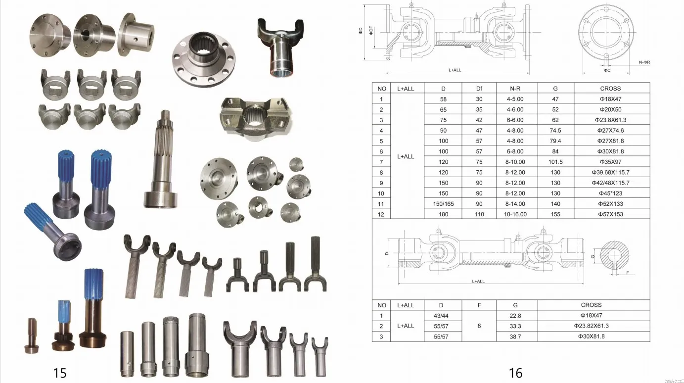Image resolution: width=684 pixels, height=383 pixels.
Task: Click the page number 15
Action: [x=59, y=373]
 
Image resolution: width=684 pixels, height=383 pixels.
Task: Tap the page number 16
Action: [x=515, y=373]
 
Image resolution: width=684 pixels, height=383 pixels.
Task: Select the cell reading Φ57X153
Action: [x=610, y=214]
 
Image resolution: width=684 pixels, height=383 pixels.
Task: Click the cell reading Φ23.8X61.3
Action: [x=610, y=120]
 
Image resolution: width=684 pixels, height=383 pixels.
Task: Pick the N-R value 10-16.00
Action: [x=516, y=214]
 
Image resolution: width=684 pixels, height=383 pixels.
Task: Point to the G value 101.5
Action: [x=555, y=162]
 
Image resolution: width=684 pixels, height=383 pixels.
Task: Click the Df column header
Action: [x=479, y=89]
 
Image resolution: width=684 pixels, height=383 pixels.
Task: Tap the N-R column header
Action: [x=516, y=89]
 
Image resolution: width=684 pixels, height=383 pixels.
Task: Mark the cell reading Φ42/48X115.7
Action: [x=610, y=183]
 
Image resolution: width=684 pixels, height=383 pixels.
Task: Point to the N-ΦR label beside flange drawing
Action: [x=644, y=62]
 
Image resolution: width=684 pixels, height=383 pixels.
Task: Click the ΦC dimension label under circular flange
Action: [x=607, y=71]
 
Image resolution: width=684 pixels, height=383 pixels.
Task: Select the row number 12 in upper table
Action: [x=381, y=214]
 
